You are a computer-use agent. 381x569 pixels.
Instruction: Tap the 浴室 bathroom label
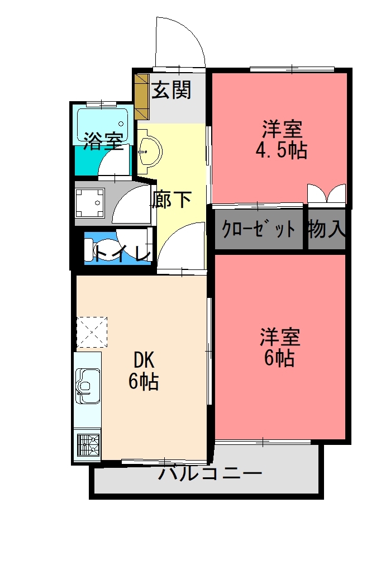pyautogui.click(x=103, y=141)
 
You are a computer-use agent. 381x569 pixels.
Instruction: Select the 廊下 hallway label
pyautogui.click(x=172, y=199)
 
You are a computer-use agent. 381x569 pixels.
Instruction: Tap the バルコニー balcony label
pyautogui.click(x=210, y=473)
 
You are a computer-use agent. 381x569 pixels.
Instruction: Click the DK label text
pyautogui.click(x=144, y=361)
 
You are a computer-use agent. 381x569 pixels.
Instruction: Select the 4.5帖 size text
pyautogui.click(x=282, y=150)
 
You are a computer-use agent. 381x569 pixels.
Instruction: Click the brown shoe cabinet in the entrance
pyautogui.click(x=142, y=97)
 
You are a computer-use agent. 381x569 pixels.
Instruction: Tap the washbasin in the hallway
pyautogui.click(x=150, y=151)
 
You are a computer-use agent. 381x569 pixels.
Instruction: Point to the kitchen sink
pyautogui.click(x=88, y=386)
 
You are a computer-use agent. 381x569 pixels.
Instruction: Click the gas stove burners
pyautogui.click(x=88, y=444)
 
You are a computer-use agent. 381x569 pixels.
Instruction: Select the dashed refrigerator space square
pyautogui.click(x=92, y=332)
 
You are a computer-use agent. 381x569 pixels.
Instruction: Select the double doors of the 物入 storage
pyautogui.click(x=326, y=193)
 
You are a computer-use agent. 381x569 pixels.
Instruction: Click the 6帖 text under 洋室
pyautogui.click(x=279, y=358)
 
